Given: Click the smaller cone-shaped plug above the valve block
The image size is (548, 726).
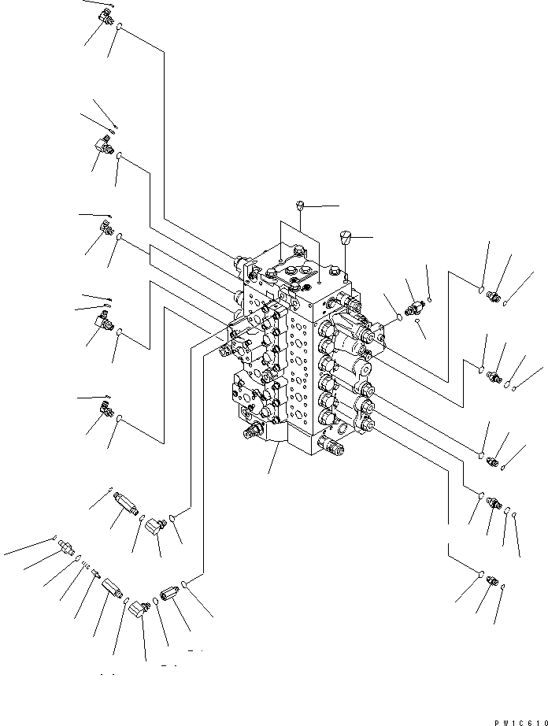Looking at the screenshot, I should [x=300, y=206].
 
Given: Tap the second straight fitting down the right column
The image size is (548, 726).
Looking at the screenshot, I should [x=494, y=376].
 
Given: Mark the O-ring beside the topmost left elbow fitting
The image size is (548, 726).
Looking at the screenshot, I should [x=119, y=30].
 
